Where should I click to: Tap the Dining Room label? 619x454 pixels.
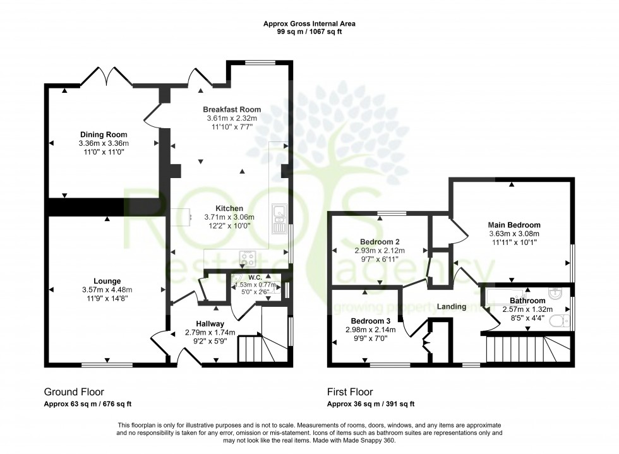[x=104, y=134]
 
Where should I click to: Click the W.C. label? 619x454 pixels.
[x=255, y=277]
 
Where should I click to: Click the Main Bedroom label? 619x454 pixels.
[x=514, y=225]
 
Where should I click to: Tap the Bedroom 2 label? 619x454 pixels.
[x=380, y=242]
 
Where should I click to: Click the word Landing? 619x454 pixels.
[x=452, y=307]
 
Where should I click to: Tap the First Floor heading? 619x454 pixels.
[x=350, y=391]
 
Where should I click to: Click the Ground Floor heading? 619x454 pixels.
[x=74, y=391]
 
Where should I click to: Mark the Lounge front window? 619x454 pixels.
[x=107, y=364]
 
